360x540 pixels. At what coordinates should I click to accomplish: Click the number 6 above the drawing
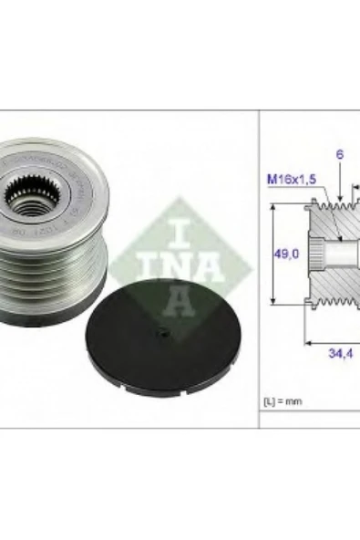(338, 156)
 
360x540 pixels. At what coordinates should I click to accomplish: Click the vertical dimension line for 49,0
(273, 256)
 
